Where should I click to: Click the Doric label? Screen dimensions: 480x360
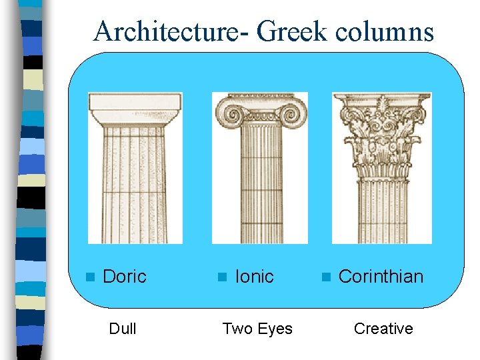point(125,277)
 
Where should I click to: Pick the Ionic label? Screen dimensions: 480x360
point(255,277)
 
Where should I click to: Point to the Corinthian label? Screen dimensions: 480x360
point(381,277)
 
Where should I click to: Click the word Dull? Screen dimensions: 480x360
point(123,329)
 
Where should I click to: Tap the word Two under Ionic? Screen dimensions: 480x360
point(237,329)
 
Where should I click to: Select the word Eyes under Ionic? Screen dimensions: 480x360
point(274,329)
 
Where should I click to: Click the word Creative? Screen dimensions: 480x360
point(383,329)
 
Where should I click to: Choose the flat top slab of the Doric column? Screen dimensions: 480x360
point(135,103)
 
